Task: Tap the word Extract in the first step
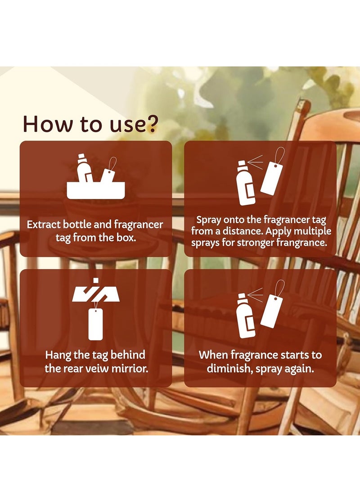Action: (44, 225)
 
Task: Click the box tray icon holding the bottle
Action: (96, 190)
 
